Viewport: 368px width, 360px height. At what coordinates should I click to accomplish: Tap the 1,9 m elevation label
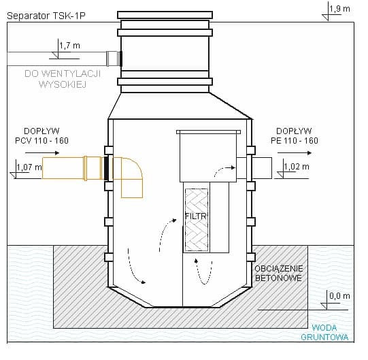click(340, 8)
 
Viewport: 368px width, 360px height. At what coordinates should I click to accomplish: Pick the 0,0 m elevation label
click(338, 296)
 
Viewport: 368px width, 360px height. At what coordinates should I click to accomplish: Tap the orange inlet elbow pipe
click(131, 175)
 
